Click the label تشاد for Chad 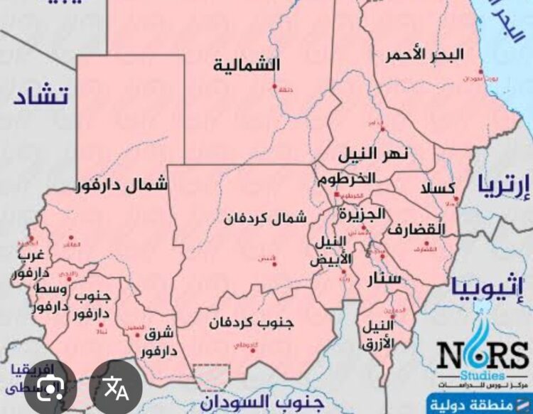point(41,96)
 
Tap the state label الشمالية point(247,65)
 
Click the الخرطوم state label point(345,178)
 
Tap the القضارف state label point(416,230)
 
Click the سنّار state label point(377,280)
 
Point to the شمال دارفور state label point(122,186)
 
